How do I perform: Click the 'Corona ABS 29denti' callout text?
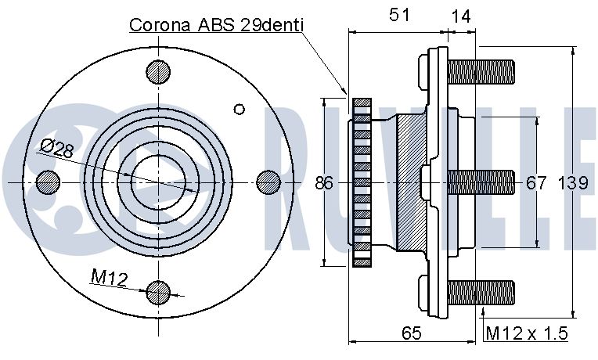coord(216,25)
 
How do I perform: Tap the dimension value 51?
coord(399,15)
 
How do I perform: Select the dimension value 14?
coord(461,16)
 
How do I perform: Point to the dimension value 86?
coord(324,183)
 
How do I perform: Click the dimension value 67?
coord(536,183)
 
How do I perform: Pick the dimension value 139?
coord(573,183)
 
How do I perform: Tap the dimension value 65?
coord(412,333)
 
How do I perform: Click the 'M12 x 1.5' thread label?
coord(527,333)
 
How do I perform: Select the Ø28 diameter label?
coord(57,149)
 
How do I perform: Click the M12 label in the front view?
coord(110,278)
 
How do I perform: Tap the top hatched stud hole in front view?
coord(158,72)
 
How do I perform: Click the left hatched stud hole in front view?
coord(48,182)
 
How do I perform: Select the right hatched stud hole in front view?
coord(268,182)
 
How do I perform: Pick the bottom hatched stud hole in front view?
coord(158,293)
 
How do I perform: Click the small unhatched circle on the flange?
coord(240,110)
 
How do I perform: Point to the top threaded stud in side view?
coord(481,72)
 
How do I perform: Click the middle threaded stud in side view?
coord(481,182)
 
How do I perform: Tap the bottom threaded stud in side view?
coord(481,293)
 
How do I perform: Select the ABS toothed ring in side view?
coord(362,182)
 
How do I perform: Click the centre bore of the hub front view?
coord(158,182)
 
